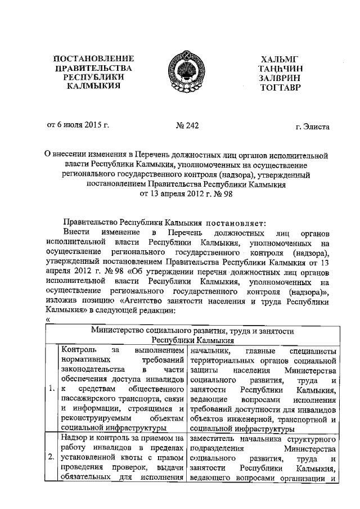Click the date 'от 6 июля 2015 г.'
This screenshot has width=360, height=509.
click(77, 125)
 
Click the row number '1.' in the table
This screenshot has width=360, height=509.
click(51, 388)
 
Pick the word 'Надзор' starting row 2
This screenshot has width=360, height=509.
click(74, 438)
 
